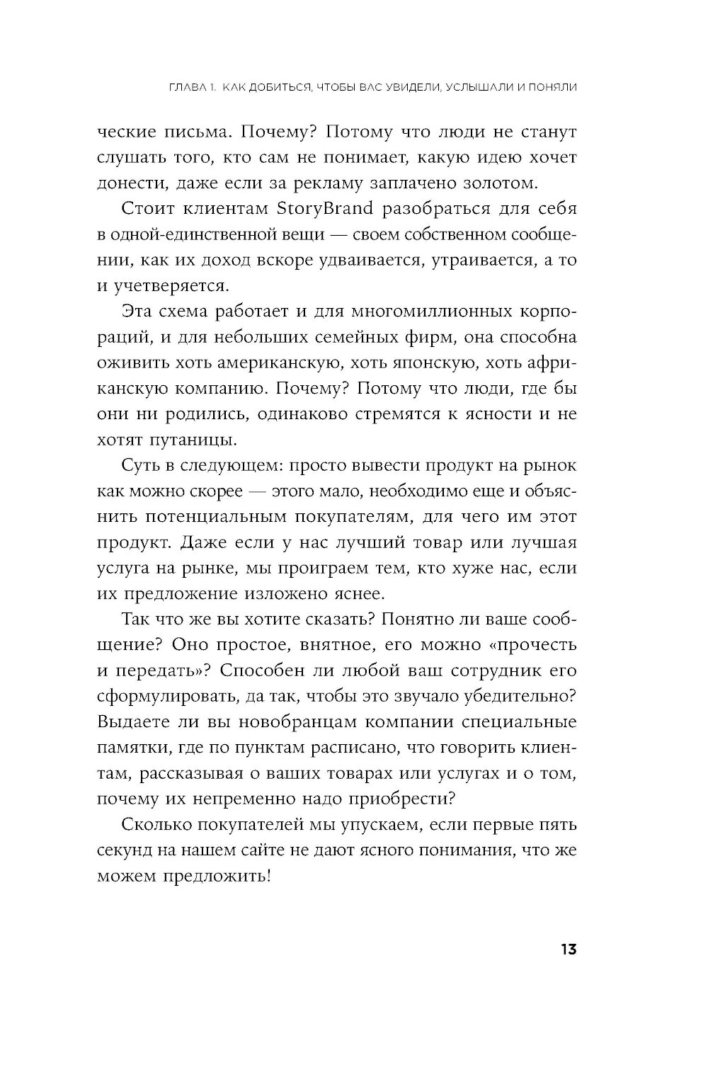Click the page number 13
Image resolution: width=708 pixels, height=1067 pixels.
(x=568, y=949)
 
